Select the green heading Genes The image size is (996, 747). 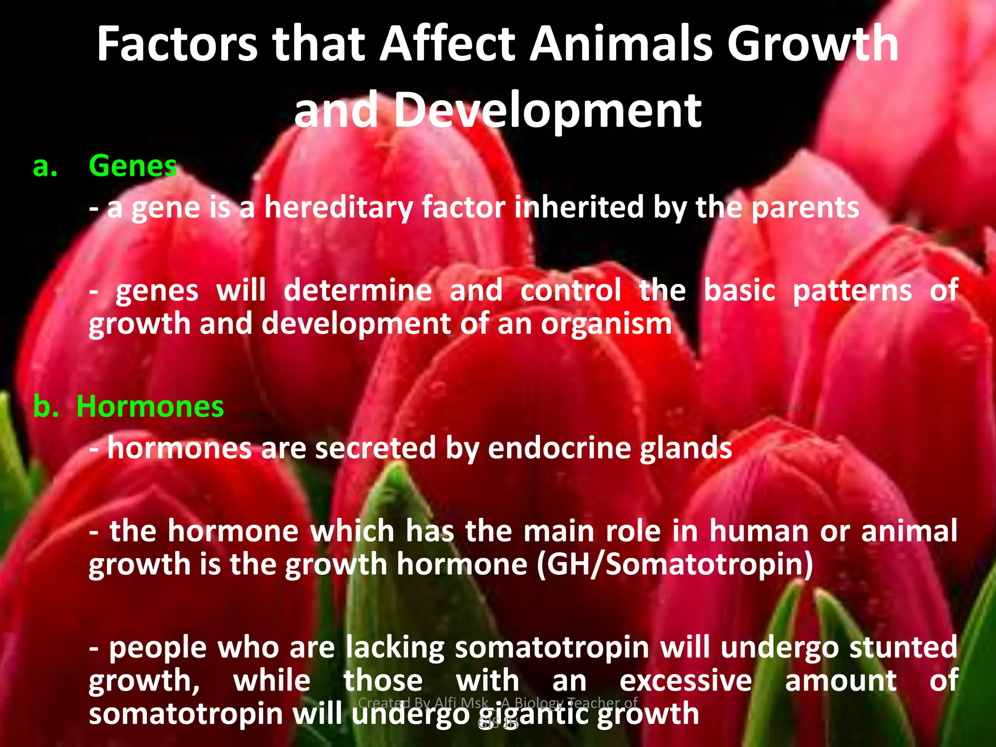point(133,166)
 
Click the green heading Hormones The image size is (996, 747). point(150,407)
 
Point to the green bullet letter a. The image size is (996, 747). point(45,167)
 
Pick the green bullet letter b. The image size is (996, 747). point(46,407)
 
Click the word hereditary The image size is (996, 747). point(338,208)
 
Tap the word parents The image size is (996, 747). point(805,208)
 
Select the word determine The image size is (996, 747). point(357,291)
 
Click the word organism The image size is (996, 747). point(606,324)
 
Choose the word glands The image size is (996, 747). point(686,448)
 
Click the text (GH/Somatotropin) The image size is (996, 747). point(675,564)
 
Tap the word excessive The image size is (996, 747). point(686,680)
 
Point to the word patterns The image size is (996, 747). point(852,291)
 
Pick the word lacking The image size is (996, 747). point(395,647)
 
